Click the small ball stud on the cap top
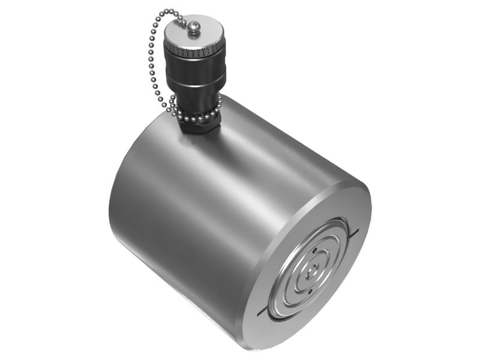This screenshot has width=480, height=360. pos(194,26)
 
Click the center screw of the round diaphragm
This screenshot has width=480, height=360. pos(308,272)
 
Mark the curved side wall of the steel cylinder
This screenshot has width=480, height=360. pos(198,210)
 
